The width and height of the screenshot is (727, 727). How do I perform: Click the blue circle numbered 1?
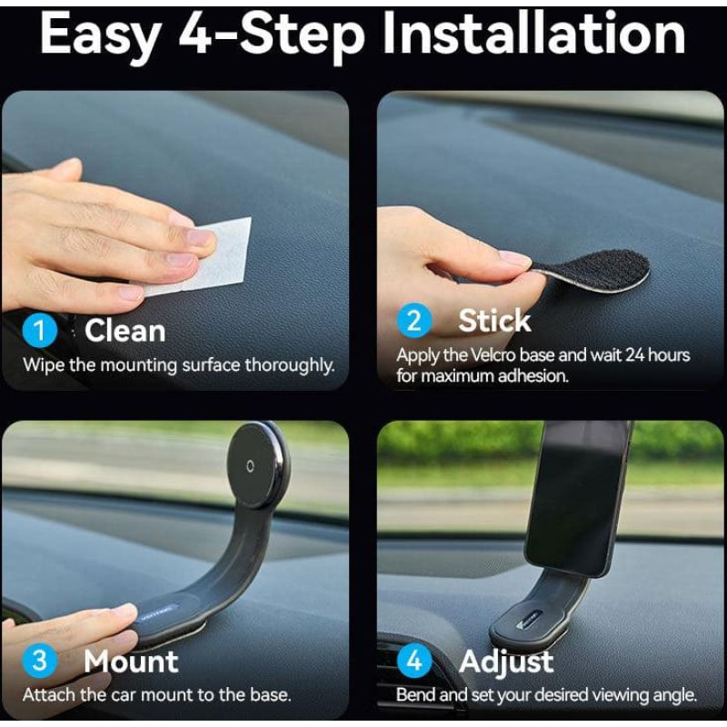pos(40,331)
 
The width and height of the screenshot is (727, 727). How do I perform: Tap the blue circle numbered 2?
pos(414,321)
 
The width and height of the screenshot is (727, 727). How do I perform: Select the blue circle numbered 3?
pos(40,661)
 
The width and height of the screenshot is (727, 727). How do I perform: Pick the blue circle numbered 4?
pos(414,661)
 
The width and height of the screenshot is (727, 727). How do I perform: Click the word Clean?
pos(124,331)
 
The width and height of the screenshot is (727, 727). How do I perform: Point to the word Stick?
pos(494,321)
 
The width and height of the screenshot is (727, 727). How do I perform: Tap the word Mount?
pos(131,661)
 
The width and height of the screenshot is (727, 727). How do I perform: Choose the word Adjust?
pos(506,662)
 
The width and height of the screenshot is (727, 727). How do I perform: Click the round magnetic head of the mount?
pos(258,465)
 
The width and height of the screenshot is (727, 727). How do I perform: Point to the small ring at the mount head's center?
pos(251,466)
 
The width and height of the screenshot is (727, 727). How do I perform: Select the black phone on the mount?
pos(576,498)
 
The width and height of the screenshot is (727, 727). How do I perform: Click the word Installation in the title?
pos(534,34)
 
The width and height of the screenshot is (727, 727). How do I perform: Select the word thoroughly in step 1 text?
pos(289,365)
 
